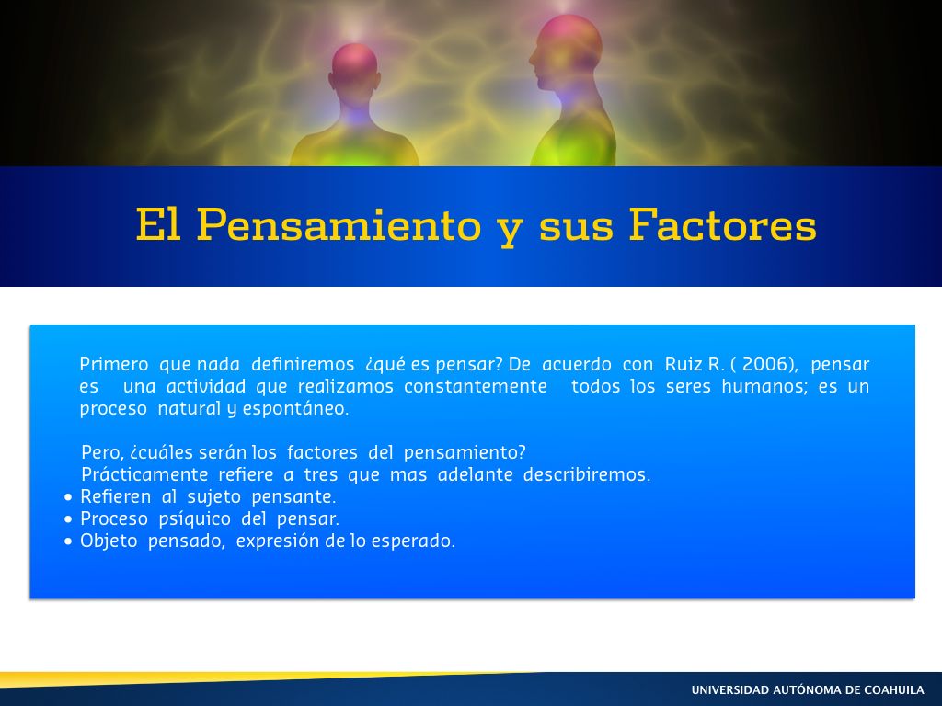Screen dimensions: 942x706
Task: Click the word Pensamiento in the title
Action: tap(339, 225)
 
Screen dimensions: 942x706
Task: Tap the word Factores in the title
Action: tap(723, 224)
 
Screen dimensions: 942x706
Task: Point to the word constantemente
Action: tap(476, 386)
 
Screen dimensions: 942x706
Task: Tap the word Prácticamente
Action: tap(144, 474)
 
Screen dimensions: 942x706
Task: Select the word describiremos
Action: tap(587, 474)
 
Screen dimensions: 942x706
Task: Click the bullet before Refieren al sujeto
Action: tap(68, 497)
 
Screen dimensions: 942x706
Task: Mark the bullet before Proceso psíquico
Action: tap(68, 519)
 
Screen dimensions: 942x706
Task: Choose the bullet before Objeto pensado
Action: tap(68, 541)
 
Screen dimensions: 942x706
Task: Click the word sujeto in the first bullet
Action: tap(213, 497)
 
